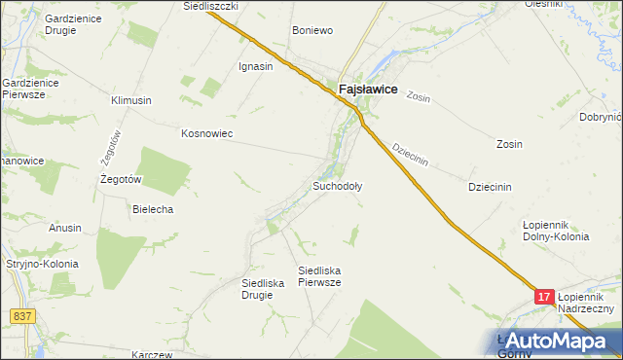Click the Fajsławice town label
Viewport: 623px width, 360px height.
click(367, 89)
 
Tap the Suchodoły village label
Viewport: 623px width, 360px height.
click(337, 185)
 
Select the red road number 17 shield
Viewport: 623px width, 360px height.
click(545, 295)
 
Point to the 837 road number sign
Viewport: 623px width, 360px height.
click(22, 316)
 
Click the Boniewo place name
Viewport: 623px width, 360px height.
click(312, 31)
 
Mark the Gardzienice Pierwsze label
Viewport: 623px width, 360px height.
click(30, 90)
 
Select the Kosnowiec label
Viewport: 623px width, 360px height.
click(206, 133)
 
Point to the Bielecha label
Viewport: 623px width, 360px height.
click(153, 209)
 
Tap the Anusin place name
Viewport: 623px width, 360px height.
click(65, 228)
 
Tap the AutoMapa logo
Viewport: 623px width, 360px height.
click(550, 342)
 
